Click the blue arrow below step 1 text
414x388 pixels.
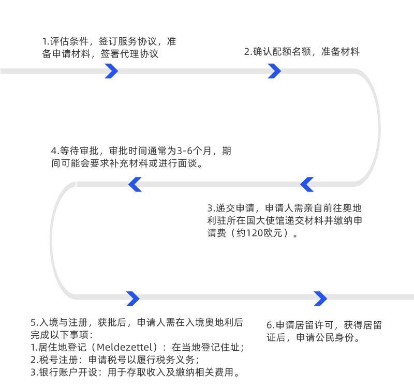click(111, 71)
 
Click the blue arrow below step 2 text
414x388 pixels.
click(274, 71)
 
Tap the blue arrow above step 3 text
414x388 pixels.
click(307, 184)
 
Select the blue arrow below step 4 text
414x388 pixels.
click(135, 184)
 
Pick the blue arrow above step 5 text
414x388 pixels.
click(133, 299)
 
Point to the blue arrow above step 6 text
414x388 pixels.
click(320, 299)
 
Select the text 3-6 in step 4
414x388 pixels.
click(187, 152)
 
